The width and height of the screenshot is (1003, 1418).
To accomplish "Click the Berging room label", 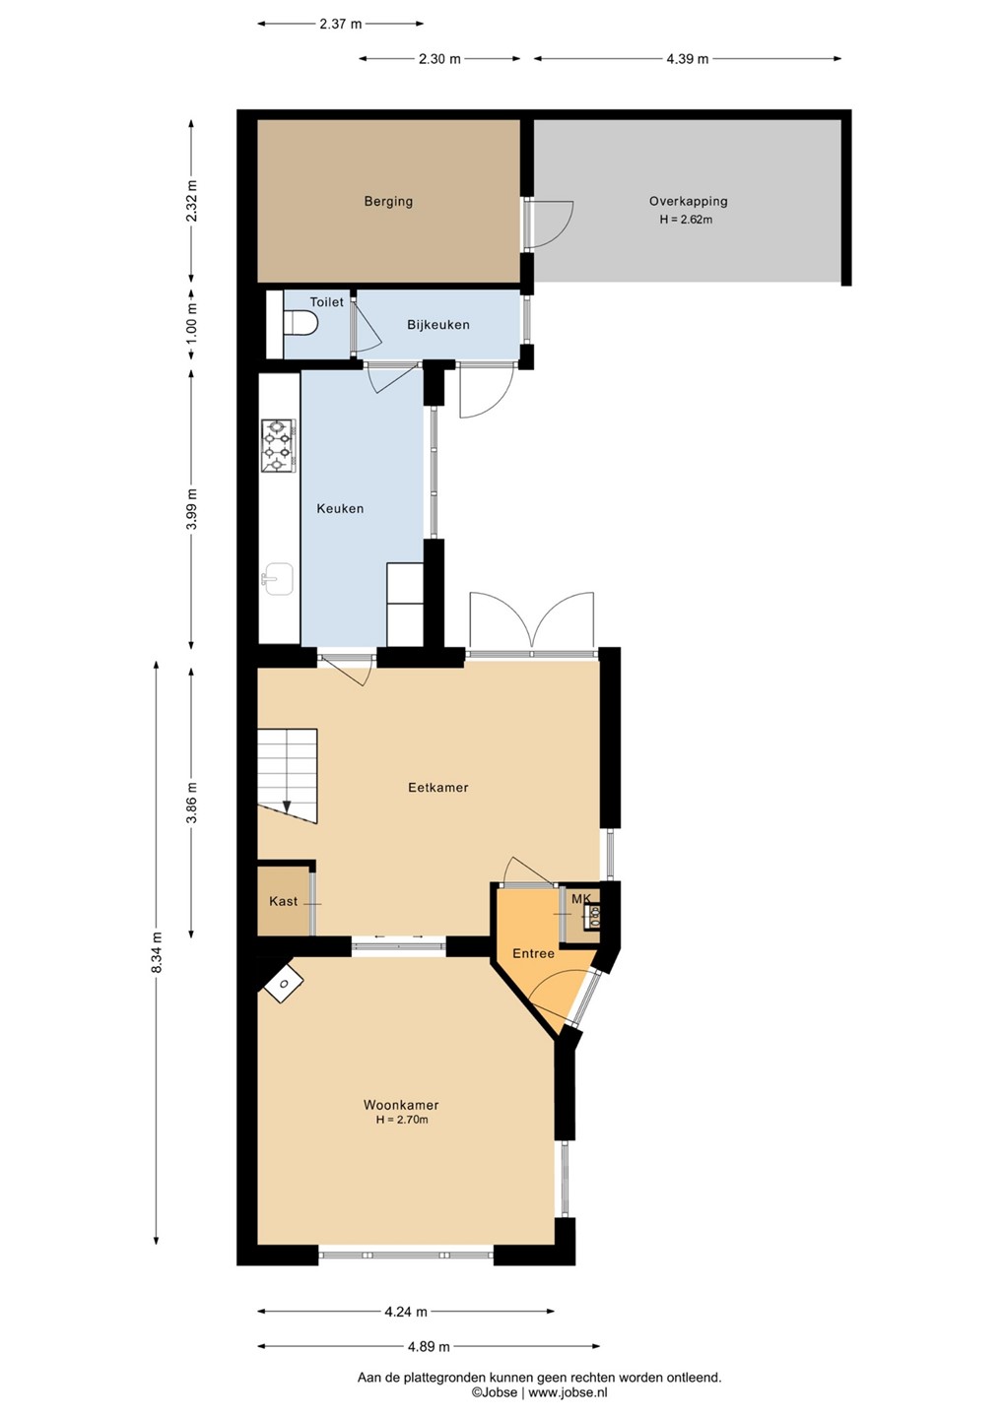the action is (x=388, y=202).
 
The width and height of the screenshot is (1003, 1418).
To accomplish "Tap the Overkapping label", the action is (x=688, y=202).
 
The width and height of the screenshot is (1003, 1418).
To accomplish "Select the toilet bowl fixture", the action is (x=301, y=323).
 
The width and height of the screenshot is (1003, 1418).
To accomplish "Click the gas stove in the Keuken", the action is (x=278, y=446).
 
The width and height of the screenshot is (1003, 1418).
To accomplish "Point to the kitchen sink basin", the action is (x=279, y=579).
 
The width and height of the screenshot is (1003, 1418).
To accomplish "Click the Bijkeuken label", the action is (x=438, y=325).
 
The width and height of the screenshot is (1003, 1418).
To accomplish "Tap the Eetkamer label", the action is (x=438, y=788).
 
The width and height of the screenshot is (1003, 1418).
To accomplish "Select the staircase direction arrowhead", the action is (x=287, y=807).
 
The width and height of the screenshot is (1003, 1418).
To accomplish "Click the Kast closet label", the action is (x=283, y=901).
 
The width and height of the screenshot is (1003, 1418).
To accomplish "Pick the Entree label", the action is (x=533, y=953).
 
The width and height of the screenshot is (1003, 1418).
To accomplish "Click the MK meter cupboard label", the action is (x=581, y=898).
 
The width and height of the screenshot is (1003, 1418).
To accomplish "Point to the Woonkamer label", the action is (x=401, y=1105).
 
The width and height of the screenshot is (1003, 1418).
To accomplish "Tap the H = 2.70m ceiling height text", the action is (x=401, y=1120).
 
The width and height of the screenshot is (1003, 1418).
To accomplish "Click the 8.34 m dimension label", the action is (x=156, y=954).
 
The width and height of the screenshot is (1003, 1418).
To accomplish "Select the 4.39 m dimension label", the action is (x=687, y=59).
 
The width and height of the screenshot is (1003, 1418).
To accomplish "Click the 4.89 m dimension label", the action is (x=429, y=1346).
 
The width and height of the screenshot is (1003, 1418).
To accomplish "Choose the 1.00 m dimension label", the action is (x=192, y=323).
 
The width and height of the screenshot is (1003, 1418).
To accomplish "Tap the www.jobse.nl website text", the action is (x=568, y=1392).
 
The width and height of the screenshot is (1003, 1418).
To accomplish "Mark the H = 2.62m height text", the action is (x=686, y=221).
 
